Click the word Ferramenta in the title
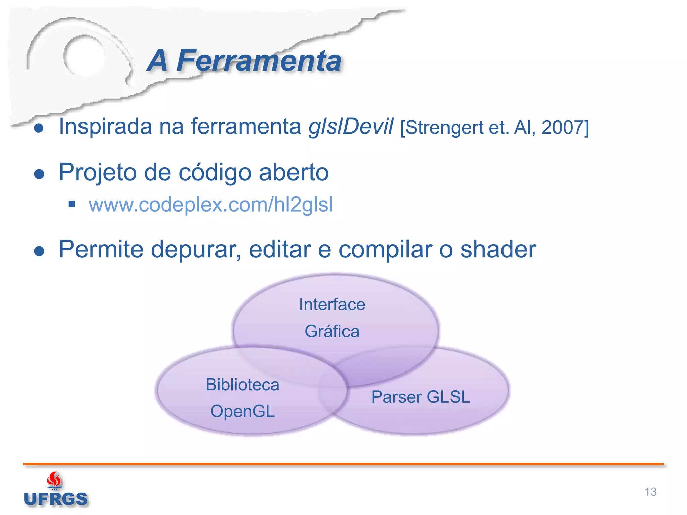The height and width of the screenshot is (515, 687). point(259,61)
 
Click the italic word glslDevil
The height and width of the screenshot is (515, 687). point(351,127)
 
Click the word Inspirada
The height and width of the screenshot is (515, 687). point(105,127)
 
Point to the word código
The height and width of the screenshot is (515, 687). point(215,172)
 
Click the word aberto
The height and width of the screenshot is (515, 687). point(294,172)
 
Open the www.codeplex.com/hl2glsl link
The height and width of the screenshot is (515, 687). point(211,205)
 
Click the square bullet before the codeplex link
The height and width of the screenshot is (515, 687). point(71,204)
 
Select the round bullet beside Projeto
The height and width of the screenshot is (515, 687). point(39,174)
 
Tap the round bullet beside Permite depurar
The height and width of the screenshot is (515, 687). point(39,251)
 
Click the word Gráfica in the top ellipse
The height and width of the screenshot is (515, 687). point(332,331)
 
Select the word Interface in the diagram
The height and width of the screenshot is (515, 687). point(332,305)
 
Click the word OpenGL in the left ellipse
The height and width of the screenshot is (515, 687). point(243,411)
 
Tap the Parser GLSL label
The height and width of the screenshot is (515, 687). point(421,397)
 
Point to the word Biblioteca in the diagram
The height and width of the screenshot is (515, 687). point(243,385)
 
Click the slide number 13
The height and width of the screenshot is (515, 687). point(650,492)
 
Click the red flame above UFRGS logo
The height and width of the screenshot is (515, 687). point(54,479)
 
